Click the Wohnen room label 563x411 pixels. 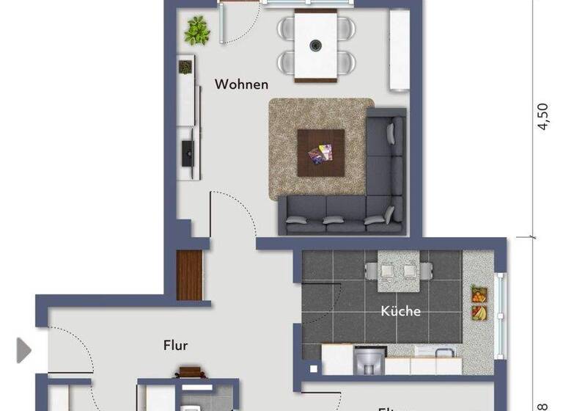click(240, 84)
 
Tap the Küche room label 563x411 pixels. click(400, 311)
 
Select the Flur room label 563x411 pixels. click(176, 345)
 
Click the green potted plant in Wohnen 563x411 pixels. click(196, 31)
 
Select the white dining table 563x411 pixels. click(315, 43)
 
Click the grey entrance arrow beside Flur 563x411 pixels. click(24, 349)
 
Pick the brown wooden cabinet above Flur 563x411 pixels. click(189, 275)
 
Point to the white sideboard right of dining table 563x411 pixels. click(400, 50)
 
